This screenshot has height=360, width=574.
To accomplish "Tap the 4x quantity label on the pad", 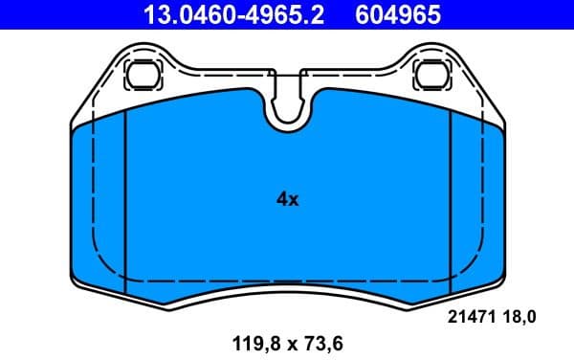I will [x=287, y=200].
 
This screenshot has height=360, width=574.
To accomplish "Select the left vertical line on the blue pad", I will [x=125, y=201].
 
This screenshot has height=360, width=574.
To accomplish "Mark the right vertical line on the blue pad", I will [x=451, y=201].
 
